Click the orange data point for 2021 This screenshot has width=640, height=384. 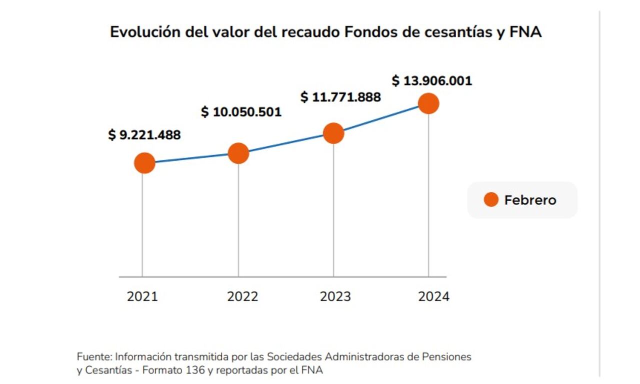(x=144, y=163)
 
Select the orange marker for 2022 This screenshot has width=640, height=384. (x=238, y=153)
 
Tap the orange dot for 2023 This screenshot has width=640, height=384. (x=333, y=133)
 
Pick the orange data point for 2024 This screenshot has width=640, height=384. (x=428, y=103)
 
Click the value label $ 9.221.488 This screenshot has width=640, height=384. (x=144, y=135)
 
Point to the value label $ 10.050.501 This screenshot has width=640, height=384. (x=241, y=112)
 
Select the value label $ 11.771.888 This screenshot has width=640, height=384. (x=340, y=97)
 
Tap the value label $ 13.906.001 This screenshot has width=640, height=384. (x=432, y=81)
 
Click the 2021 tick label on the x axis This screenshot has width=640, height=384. (x=142, y=297)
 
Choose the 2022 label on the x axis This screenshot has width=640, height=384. (x=242, y=297)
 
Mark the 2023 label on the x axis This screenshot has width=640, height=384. (x=335, y=297)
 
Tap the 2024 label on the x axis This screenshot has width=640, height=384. (x=433, y=297)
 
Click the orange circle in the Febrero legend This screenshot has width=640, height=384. (x=491, y=200)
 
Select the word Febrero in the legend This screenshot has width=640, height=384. (x=530, y=200)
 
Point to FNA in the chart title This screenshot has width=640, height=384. (x=526, y=32)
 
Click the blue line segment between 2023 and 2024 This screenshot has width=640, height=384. (x=381, y=118)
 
